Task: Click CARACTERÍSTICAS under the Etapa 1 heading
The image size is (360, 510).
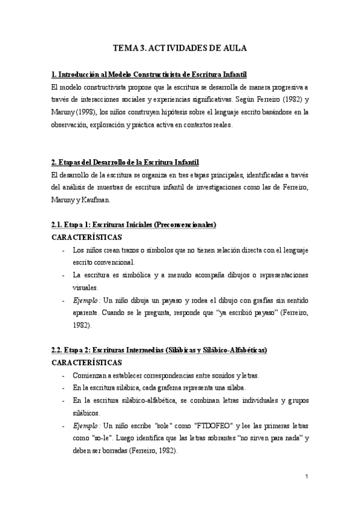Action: (x=87, y=238)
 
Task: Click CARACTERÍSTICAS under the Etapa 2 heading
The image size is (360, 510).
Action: (x=87, y=363)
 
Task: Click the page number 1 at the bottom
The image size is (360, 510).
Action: (x=307, y=477)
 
